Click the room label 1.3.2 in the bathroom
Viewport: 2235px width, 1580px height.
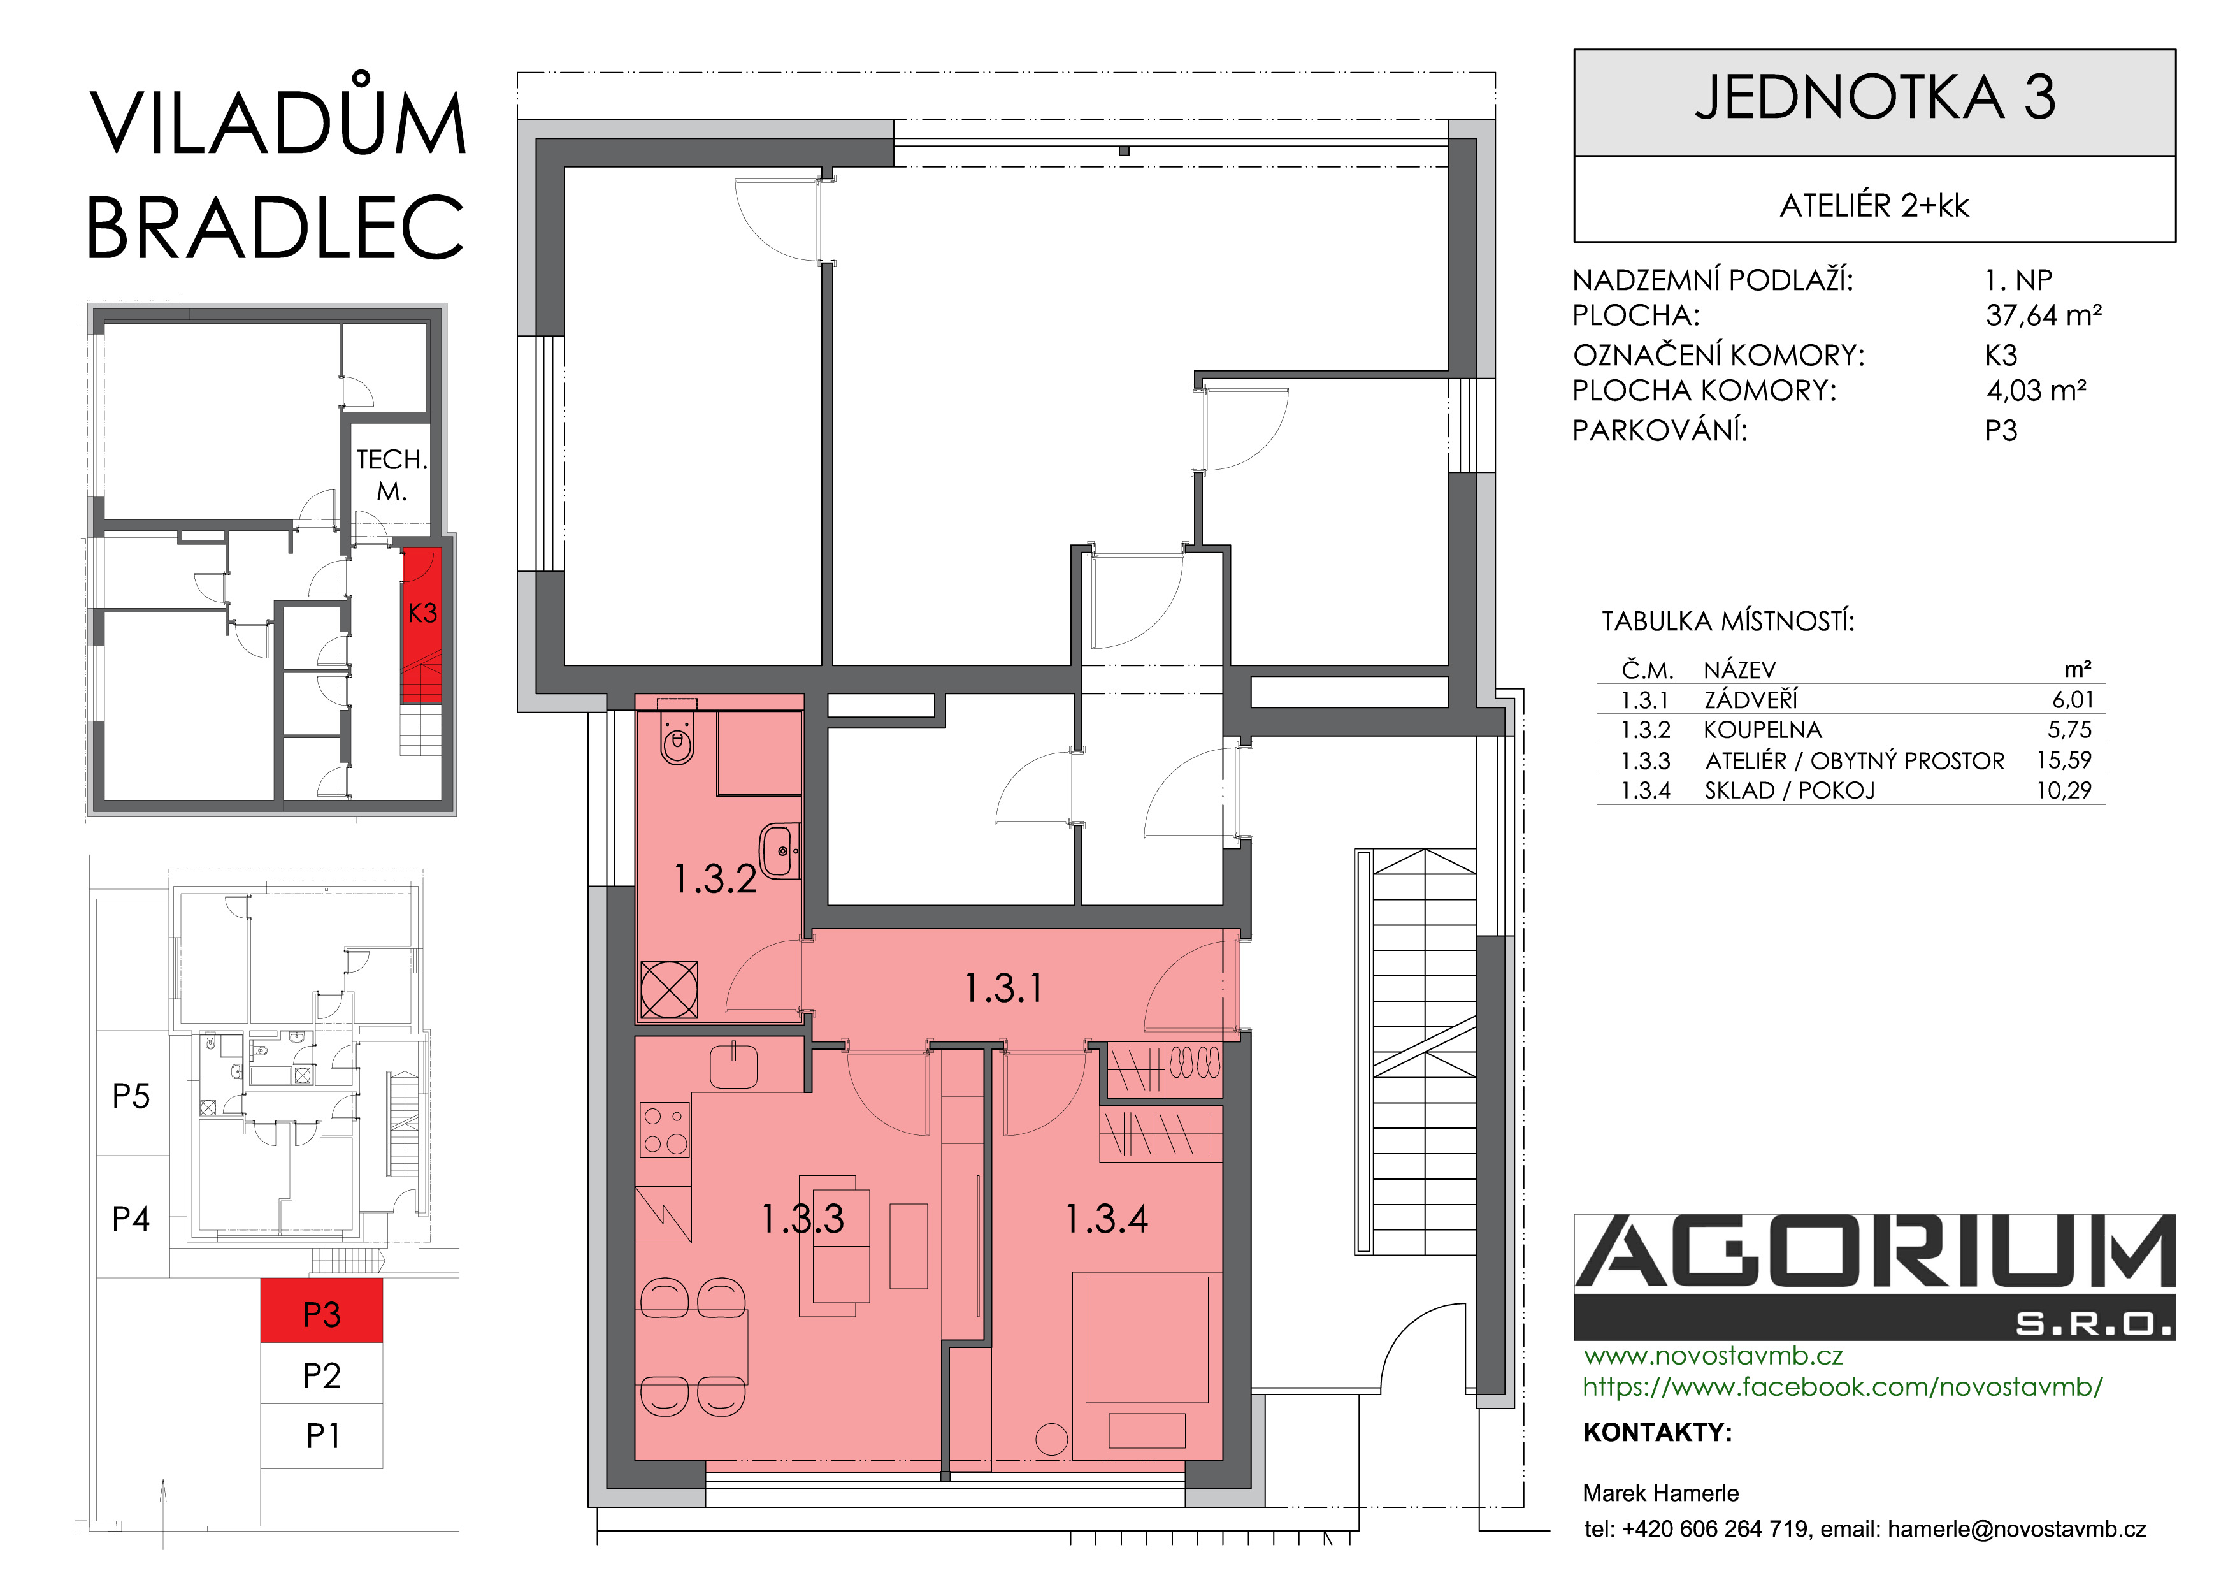715,879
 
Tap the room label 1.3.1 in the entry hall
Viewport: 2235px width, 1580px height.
1003,988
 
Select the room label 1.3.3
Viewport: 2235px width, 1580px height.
802,1219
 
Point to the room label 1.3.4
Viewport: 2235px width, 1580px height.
1106,1219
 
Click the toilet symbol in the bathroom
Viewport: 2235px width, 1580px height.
677,732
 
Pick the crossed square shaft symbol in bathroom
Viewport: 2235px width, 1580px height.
670,989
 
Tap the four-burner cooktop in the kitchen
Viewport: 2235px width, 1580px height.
666,1130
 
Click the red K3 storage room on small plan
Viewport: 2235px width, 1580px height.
422,625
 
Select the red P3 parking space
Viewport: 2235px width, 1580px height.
321,1311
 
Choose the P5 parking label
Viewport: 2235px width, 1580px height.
131,1096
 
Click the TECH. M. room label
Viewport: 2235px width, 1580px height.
391,475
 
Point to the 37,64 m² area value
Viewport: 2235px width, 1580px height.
2043,315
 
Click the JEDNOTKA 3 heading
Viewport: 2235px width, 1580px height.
1875,98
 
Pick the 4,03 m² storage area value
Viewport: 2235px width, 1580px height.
2036,390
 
